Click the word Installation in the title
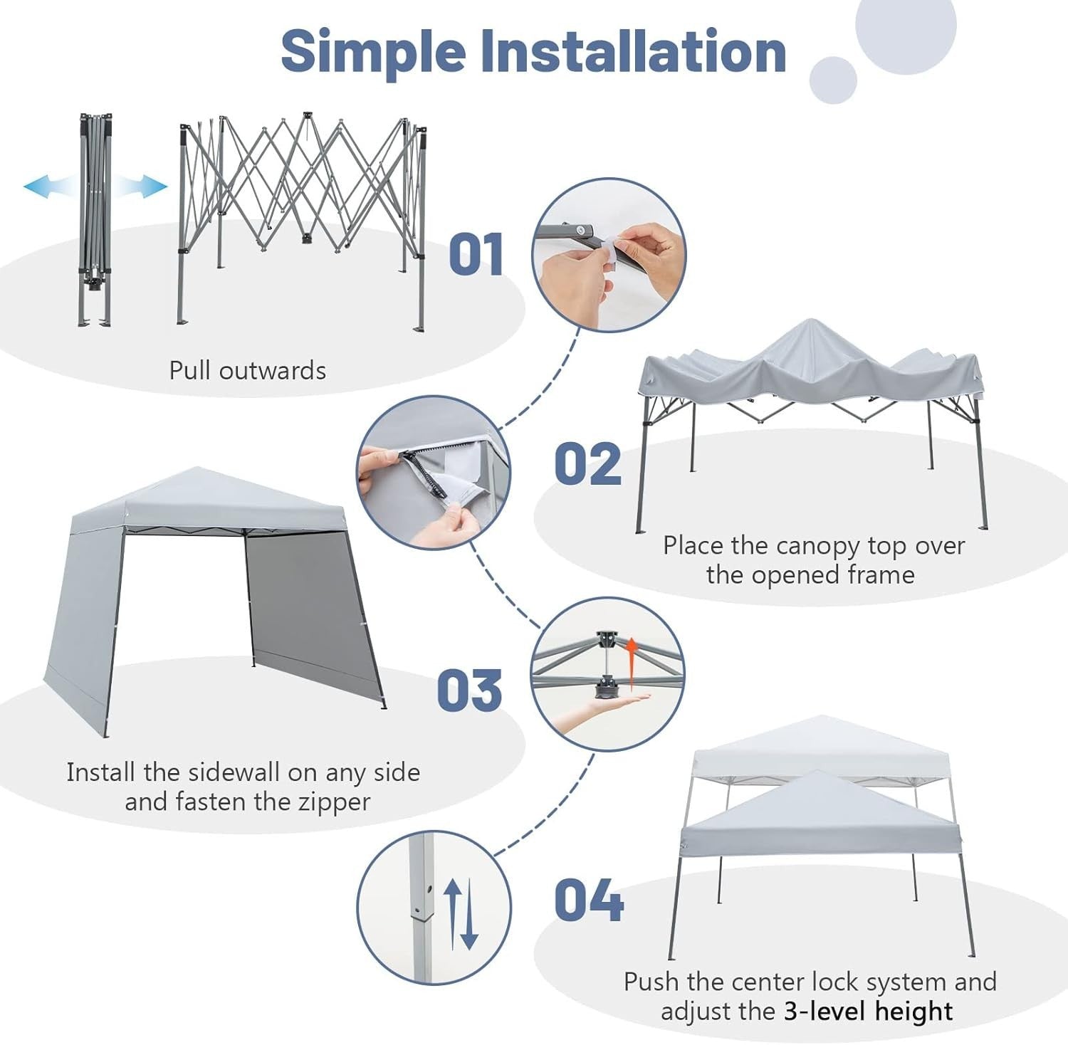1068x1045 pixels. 634,51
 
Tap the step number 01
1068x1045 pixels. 476,254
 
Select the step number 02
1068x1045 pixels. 587,463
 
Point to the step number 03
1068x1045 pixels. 469,690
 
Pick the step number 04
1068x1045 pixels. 588,900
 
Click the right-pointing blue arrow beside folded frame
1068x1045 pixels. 141,187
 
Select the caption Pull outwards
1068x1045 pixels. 248,370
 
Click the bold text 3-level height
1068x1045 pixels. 868,1011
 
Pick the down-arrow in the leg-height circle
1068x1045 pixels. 468,918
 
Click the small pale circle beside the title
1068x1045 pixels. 833,80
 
